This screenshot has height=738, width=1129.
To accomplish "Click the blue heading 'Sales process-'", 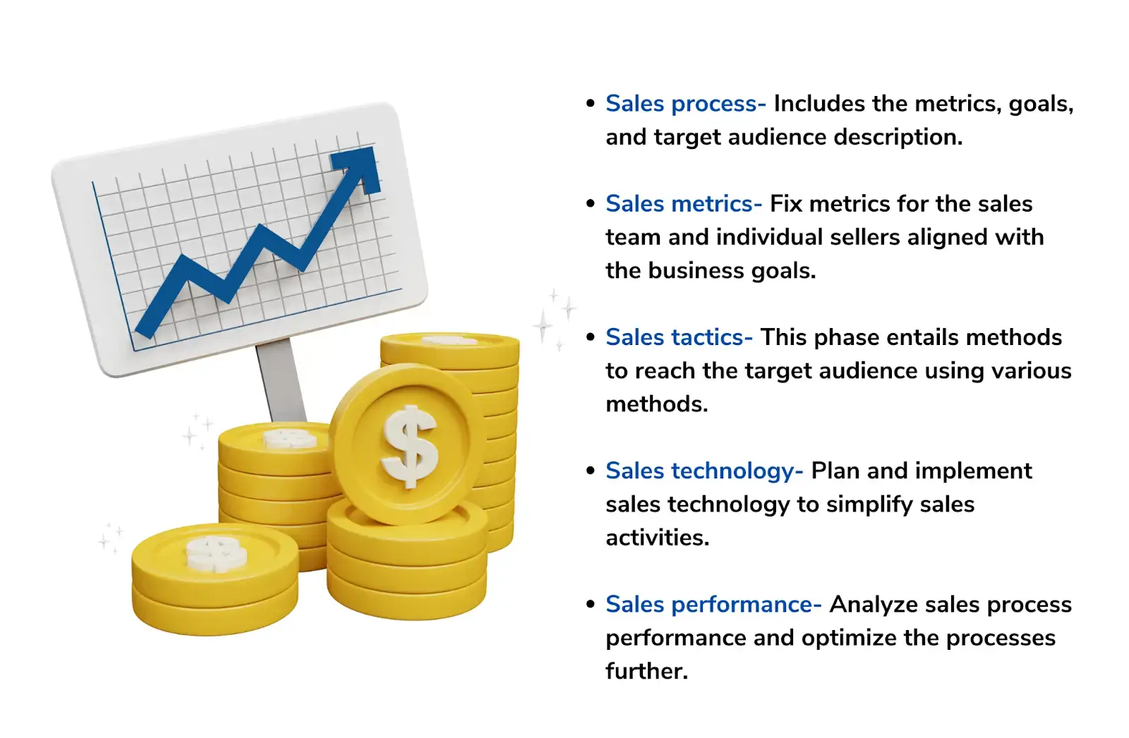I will pyautogui.click(x=685, y=104).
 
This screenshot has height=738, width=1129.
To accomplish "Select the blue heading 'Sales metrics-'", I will pyautogui.click(x=683, y=204).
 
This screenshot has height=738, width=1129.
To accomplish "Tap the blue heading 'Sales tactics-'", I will pyautogui.click(x=679, y=337).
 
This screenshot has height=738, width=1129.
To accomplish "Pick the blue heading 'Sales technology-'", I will pyautogui.click(x=704, y=471).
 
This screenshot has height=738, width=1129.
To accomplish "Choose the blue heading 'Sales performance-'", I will pyautogui.click(x=713, y=605).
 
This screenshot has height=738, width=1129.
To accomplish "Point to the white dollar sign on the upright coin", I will pyautogui.click(x=409, y=447).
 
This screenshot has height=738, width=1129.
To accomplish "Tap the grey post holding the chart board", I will pyautogui.click(x=279, y=381).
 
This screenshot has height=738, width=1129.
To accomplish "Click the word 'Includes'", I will pyautogui.click(x=819, y=104).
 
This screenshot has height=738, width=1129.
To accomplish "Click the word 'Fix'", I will pyautogui.click(x=786, y=204).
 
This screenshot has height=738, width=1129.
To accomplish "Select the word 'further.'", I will pyautogui.click(x=646, y=671).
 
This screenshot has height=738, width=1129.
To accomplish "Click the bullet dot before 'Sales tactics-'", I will pyautogui.click(x=591, y=337).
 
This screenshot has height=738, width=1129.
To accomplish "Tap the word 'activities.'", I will pyautogui.click(x=657, y=538).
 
